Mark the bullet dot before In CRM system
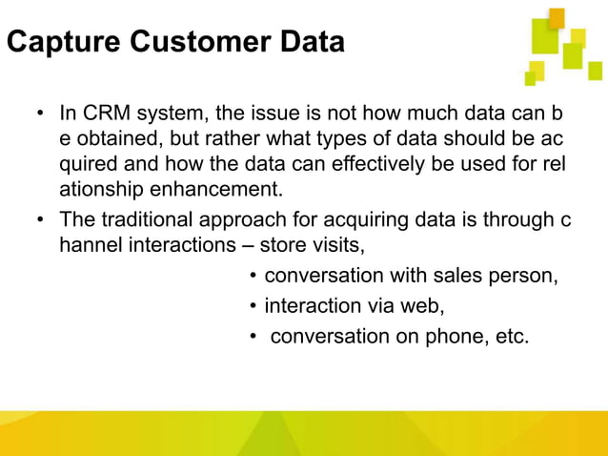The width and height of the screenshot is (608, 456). click(x=41, y=114)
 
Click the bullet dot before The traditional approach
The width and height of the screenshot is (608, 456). click(x=41, y=220)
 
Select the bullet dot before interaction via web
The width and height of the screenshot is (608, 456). click(x=253, y=307)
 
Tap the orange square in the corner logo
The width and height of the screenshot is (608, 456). click(x=557, y=17)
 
